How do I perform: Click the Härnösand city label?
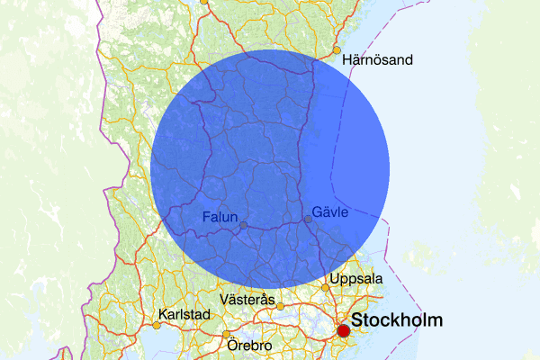point(378,60)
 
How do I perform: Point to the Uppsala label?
point(357,278)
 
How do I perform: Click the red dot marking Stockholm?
point(343,331)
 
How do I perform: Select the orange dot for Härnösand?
point(337,49)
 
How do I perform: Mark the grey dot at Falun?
point(243,225)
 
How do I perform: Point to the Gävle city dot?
point(308,219)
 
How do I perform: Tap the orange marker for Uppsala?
point(326,287)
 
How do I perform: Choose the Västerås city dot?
point(280,306)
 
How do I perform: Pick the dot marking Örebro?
point(226,335)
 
